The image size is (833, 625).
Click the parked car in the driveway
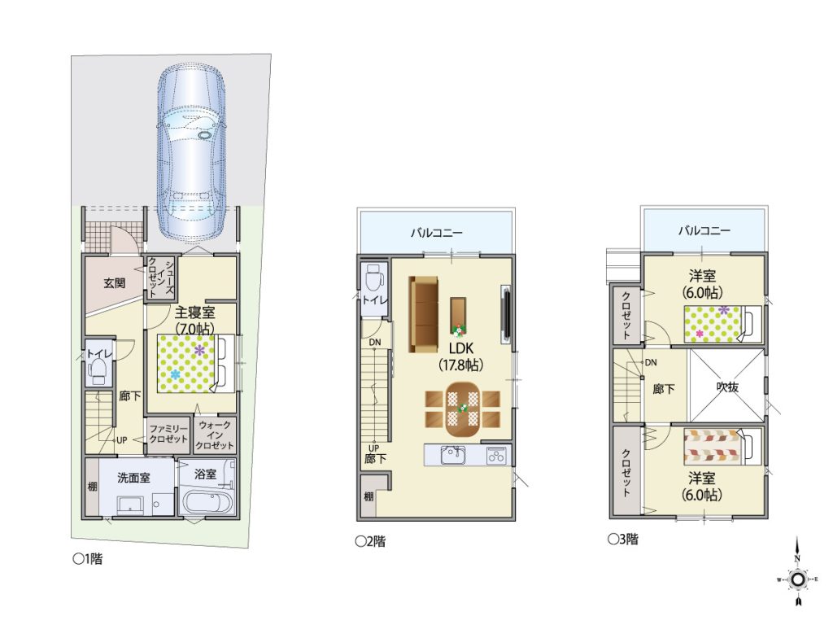(x=191, y=152)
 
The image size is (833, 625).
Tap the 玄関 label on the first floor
(x=114, y=282)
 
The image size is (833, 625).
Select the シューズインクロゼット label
(x=160, y=278)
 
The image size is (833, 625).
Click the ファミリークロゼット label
(x=168, y=434)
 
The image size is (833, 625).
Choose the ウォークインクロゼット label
(x=215, y=435)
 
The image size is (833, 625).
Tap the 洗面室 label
(x=133, y=478)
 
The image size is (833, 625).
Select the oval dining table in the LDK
(x=463, y=408)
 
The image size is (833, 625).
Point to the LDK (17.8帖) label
(x=460, y=356)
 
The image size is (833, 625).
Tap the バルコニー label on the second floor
(x=437, y=233)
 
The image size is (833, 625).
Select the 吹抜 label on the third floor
(x=726, y=387)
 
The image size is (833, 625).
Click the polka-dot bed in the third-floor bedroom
(x=722, y=324)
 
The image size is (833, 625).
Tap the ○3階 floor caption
(x=624, y=540)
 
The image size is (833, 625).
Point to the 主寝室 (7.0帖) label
(x=194, y=321)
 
